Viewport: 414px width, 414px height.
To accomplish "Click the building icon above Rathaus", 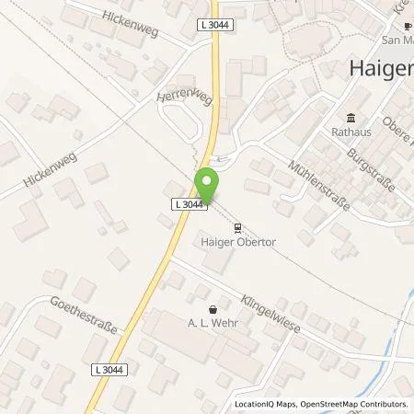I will (351, 117).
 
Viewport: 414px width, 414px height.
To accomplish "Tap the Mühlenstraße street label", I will (318, 185).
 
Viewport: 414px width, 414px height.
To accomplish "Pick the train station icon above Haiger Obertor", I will (238, 227).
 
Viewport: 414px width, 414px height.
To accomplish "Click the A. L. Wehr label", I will (213, 324).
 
